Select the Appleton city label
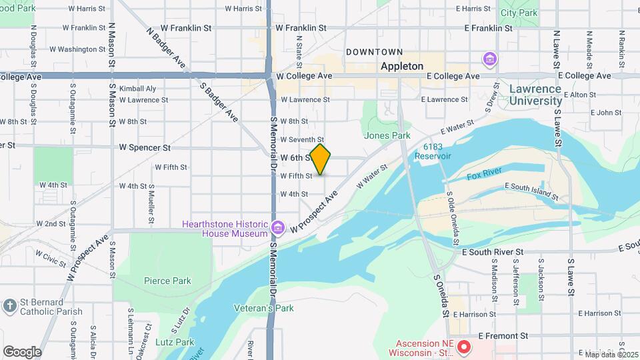pos(401,66)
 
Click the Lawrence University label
pos(544,95)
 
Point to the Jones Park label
pos(387,135)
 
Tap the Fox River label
pos(483,176)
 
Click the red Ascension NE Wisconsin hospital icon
pos(465,347)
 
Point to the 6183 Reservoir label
pos(433,151)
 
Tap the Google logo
pos(22,351)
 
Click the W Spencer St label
pos(145,147)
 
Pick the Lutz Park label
pos(175,342)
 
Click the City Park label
pos(518,13)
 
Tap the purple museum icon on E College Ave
pos(491,60)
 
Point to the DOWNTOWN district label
pos(374,52)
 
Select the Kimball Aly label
pos(137,88)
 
